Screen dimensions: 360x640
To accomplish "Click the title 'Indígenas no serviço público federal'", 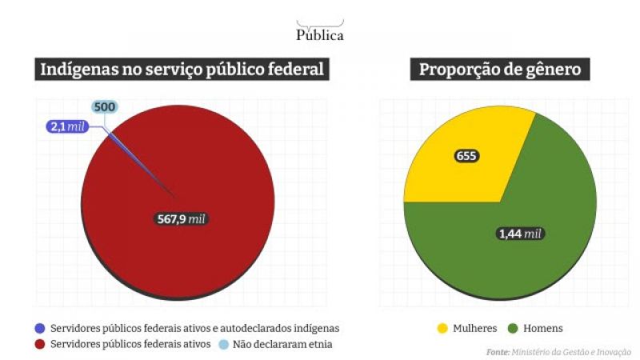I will click(183, 70).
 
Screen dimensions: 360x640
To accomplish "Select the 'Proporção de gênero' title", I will click(501, 70).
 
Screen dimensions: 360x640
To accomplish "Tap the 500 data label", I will click(104, 106).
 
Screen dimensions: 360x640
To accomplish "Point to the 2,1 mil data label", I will click(67, 126).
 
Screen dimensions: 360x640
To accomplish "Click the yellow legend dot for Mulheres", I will click(441, 328).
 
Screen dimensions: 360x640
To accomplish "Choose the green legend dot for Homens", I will click(513, 328).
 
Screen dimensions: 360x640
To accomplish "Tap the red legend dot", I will click(39, 344).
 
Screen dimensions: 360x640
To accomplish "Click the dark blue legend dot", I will click(39, 328).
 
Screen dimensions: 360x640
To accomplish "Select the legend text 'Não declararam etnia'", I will click(282, 344).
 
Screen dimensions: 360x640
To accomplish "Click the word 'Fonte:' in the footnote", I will click(498, 351).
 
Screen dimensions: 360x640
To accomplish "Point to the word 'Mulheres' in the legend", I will click(475, 328).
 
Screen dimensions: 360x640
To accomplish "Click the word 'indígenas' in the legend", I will click(315, 328).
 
